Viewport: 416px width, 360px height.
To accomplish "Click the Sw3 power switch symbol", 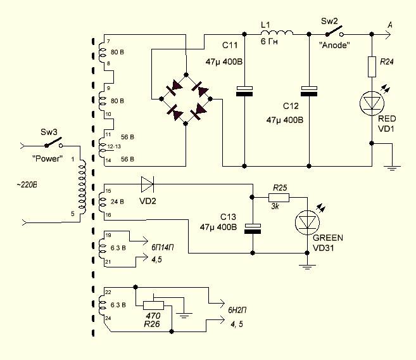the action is tap(54, 143).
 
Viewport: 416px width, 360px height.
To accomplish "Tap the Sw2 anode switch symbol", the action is tap(335, 31).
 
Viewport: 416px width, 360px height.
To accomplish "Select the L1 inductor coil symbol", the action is tap(277, 33).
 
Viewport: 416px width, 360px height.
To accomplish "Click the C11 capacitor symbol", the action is tap(244, 91).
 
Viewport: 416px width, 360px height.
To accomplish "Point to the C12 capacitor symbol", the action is tap(309, 91).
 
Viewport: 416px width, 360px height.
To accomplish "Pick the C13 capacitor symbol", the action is tap(253, 229).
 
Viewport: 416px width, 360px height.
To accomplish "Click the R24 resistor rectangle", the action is tap(372, 67).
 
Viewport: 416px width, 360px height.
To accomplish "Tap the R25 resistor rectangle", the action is tap(279, 198).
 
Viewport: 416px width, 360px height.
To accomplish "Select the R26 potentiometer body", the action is tap(154, 305).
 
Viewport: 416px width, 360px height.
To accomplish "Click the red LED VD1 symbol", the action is tap(372, 103).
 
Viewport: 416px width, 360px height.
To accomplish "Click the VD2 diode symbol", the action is tap(148, 184).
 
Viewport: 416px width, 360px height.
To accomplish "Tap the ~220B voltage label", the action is tap(27, 184).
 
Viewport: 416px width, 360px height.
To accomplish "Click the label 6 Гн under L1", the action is tap(269, 42).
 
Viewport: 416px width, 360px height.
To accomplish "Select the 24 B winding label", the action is tap(117, 202).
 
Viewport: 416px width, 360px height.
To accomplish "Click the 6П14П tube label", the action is tap(163, 247).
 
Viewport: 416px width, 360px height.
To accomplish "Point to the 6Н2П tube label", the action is tap(237, 310).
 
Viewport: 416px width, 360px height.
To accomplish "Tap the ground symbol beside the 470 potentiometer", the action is tap(184, 315).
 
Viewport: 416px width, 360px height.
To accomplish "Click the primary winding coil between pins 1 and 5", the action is tap(82, 188).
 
